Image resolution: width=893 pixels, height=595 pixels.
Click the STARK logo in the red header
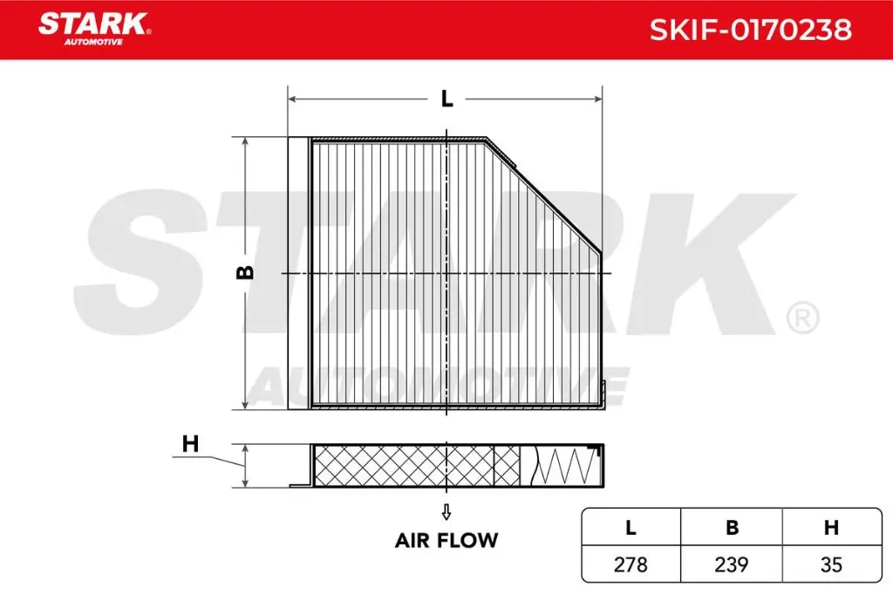coord(93,24)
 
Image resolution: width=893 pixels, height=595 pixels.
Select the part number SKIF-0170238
coord(750,30)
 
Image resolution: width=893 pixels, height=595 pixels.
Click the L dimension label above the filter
coord(446,99)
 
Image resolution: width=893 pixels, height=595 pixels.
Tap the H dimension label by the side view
coord(191,444)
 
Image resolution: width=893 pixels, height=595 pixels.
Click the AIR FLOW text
coord(446,540)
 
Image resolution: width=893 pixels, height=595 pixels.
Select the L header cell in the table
coord(631,527)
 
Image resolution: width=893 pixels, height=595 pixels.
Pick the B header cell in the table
coord(732,527)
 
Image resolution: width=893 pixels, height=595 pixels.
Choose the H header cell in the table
coord(832,527)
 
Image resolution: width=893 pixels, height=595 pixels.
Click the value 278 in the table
coord(631,564)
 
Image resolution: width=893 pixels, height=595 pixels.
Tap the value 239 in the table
coord(732,564)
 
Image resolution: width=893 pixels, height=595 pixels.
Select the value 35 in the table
coord(832,564)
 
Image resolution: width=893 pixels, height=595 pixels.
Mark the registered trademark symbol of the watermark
coord(801,318)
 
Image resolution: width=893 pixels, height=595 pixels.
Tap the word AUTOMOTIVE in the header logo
coord(93,41)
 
